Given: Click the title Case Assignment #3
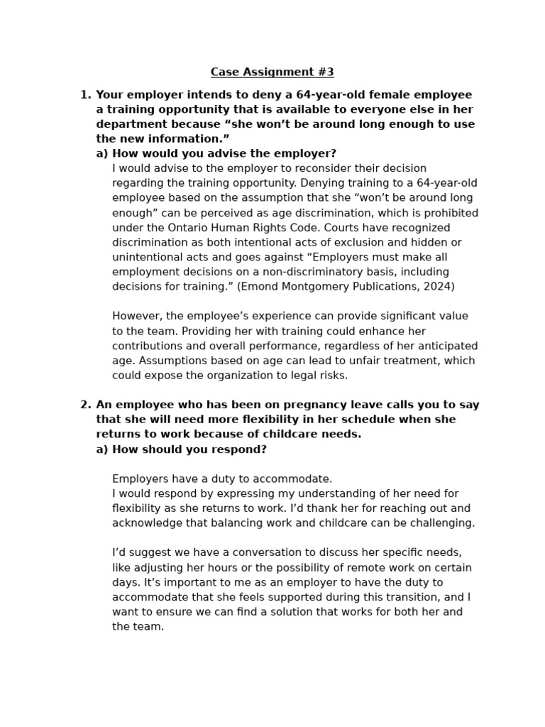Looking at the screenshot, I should tap(272, 72).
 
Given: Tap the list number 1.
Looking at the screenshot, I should tap(85, 94).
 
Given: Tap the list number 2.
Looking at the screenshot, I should tap(85, 405).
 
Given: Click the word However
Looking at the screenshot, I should tap(136, 316).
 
